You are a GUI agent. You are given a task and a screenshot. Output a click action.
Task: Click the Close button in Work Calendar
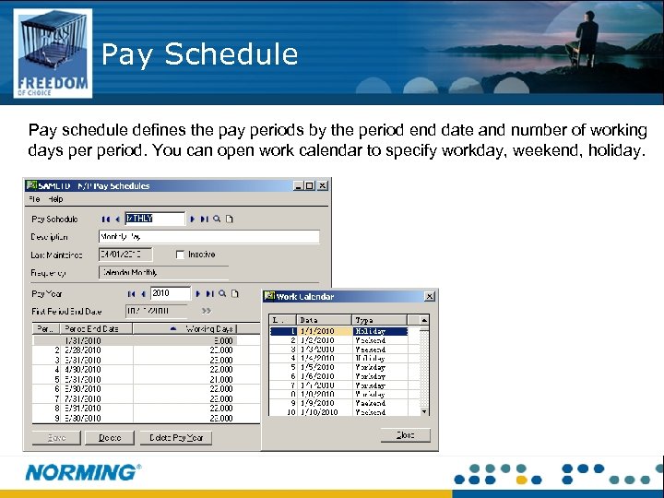click(x=405, y=434)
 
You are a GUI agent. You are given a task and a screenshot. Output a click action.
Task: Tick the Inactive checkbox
click(x=180, y=255)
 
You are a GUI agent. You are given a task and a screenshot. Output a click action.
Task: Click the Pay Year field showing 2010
click(x=170, y=293)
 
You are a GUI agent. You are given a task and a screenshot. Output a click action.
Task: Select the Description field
click(x=208, y=237)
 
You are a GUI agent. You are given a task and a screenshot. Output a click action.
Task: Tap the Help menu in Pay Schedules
click(x=56, y=199)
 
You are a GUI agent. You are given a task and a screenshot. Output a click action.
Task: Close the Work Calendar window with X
click(x=430, y=296)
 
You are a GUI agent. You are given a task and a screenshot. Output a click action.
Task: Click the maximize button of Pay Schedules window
click(x=310, y=185)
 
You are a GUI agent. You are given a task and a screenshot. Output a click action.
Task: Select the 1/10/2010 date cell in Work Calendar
click(x=319, y=412)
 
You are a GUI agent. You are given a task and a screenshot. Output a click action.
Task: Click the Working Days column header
click(x=209, y=328)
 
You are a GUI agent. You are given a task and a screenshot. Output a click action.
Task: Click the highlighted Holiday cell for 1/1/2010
click(x=379, y=331)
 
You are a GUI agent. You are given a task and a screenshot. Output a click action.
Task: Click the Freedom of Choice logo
click(x=53, y=53)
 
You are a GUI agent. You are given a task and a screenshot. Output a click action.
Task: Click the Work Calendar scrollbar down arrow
click(x=425, y=411)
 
